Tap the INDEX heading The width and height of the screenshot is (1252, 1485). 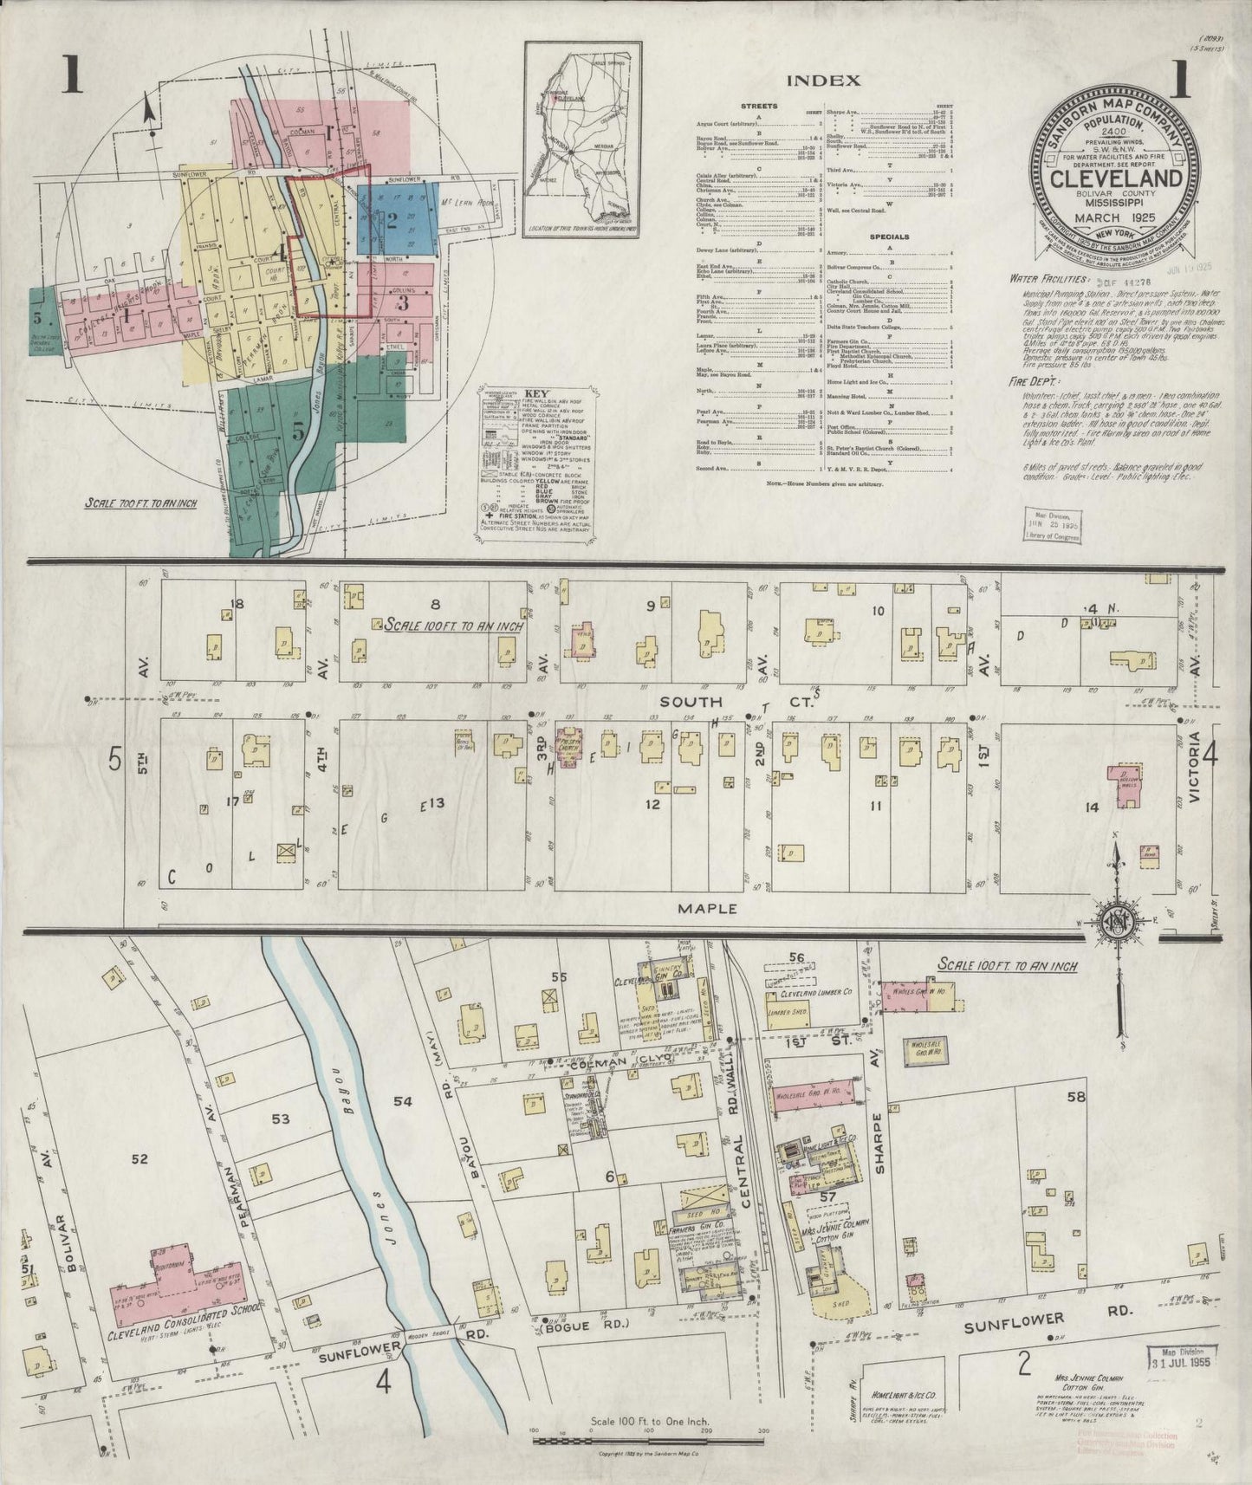822,81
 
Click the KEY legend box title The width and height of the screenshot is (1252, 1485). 525,392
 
